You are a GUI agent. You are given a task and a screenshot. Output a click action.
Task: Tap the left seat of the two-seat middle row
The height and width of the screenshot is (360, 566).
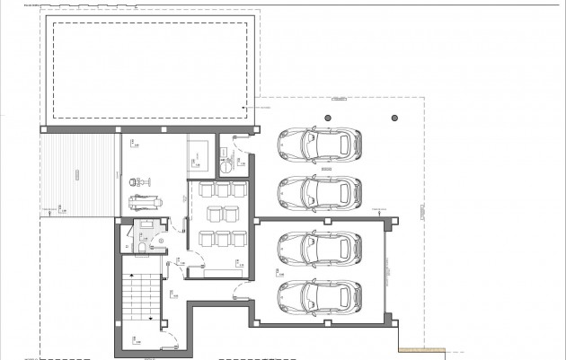tap(212, 214)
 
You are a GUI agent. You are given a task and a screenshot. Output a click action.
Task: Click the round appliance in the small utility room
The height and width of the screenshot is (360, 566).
tap(227, 163)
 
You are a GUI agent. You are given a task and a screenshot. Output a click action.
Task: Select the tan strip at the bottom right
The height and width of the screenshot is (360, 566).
tap(422, 350)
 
